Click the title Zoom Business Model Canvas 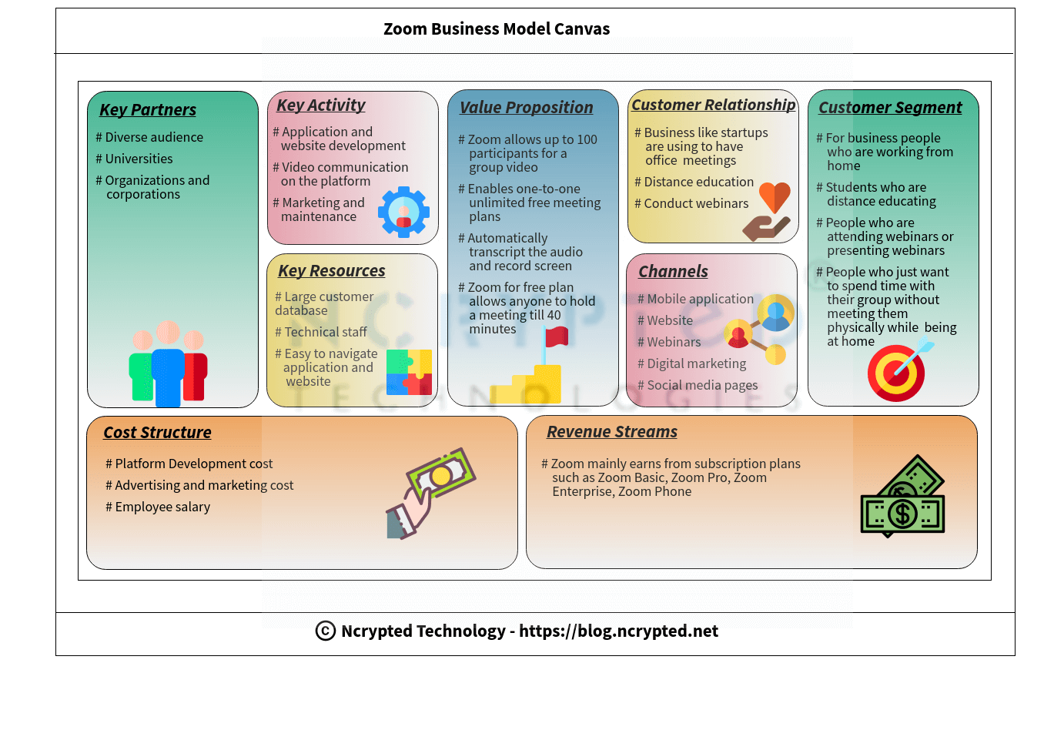(x=497, y=29)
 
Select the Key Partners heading (x=148, y=110)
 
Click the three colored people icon (x=168, y=364)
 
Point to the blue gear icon (x=403, y=212)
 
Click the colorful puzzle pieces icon (x=409, y=372)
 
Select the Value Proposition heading (x=526, y=108)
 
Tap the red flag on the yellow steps (x=556, y=337)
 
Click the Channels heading (x=673, y=272)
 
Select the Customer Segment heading (x=890, y=108)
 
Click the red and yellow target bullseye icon (x=895, y=373)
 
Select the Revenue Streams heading (x=612, y=432)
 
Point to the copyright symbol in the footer (x=326, y=631)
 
